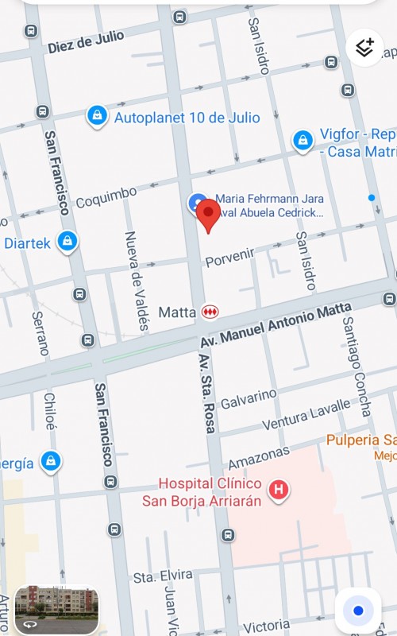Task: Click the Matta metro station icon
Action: click(x=210, y=312)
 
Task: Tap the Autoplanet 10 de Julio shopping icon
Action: click(x=97, y=117)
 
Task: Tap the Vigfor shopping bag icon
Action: click(x=303, y=141)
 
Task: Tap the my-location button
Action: click(x=358, y=611)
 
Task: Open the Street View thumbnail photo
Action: click(x=56, y=611)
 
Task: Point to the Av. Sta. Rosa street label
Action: click(x=206, y=394)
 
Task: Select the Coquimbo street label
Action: click(x=106, y=197)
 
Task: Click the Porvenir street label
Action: click(x=229, y=258)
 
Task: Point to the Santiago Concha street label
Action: click(x=356, y=366)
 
